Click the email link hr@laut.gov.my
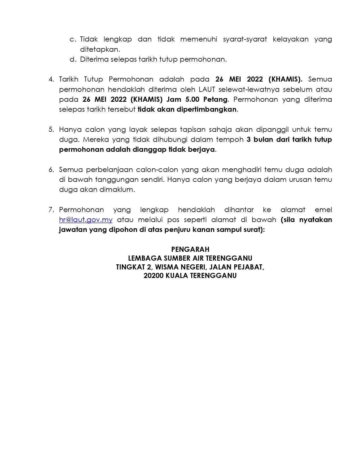click(86, 220)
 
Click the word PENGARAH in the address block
click(190, 249)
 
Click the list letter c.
click(73, 39)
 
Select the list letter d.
click(73, 59)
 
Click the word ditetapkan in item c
click(100, 49)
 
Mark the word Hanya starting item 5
click(70, 130)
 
